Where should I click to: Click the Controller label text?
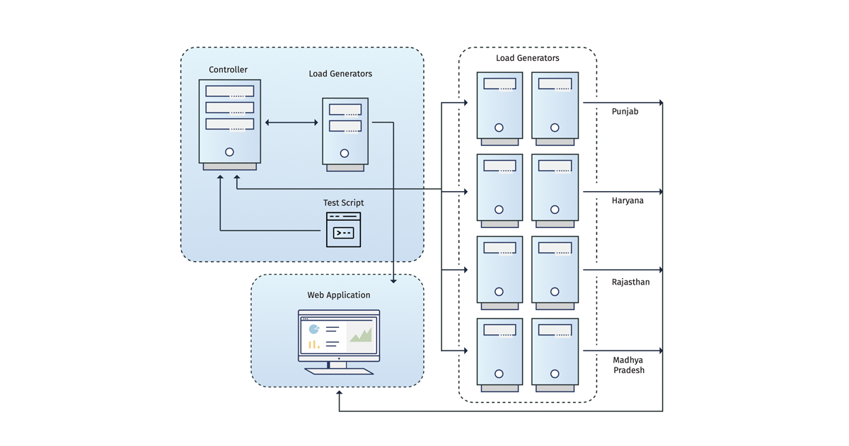coord(228,70)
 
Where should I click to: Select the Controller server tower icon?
coord(229,124)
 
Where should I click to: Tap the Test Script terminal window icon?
coord(343,230)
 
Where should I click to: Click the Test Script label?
coord(343,203)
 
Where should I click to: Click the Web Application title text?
coord(338,295)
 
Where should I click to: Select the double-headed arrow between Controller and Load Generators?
coord(291,122)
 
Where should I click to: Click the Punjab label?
coord(625,112)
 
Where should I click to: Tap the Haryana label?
coord(628,201)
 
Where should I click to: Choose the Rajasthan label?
coord(630,282)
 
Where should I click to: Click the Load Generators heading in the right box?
coord(527,58)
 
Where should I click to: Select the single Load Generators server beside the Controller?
coord(345,133)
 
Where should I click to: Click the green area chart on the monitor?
coord(360,335)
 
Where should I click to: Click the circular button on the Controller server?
coord(229,152)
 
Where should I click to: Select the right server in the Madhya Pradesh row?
coord(555,354)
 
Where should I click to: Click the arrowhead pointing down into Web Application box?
coord(393,280)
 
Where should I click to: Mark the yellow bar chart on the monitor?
coord(313,345)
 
